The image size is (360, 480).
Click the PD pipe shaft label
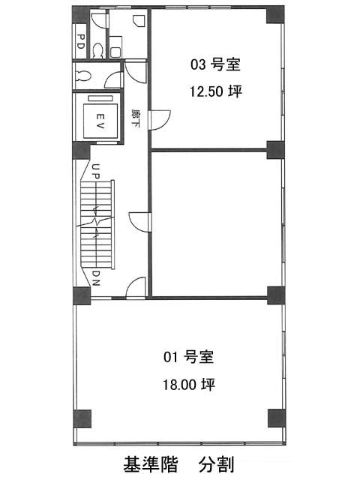click(80, 42)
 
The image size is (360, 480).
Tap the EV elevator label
click(100, 121)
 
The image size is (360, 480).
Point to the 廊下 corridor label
click(135, 118)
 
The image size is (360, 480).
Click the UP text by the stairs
click(95, 172)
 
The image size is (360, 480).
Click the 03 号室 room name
click(215, 64)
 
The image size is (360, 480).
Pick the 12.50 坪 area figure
click(216, 91)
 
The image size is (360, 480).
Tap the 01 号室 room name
click(188, 357)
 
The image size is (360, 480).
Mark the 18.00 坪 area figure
click(188, 384)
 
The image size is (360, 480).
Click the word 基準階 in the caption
click(151, 464)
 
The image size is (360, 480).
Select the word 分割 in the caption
click(217, 464)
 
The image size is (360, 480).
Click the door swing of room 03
click(159, 120)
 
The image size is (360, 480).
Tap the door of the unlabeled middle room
click(139, 222)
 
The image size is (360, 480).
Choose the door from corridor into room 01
click(136, 287)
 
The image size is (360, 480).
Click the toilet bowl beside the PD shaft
click(98, 51)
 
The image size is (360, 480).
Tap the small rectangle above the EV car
click(100, 98)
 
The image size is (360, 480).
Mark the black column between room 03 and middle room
click(275, 150)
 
